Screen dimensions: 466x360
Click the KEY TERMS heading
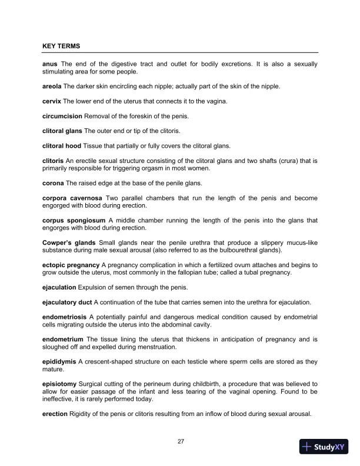(x=62, y=45)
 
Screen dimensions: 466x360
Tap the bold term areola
(x=54, y=86)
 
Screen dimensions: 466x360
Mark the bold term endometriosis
(x=65, y=317)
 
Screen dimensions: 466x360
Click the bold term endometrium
(x=64, y=339)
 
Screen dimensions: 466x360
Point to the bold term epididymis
(x=62, y=362)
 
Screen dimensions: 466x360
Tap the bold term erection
(x=56, y=414)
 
